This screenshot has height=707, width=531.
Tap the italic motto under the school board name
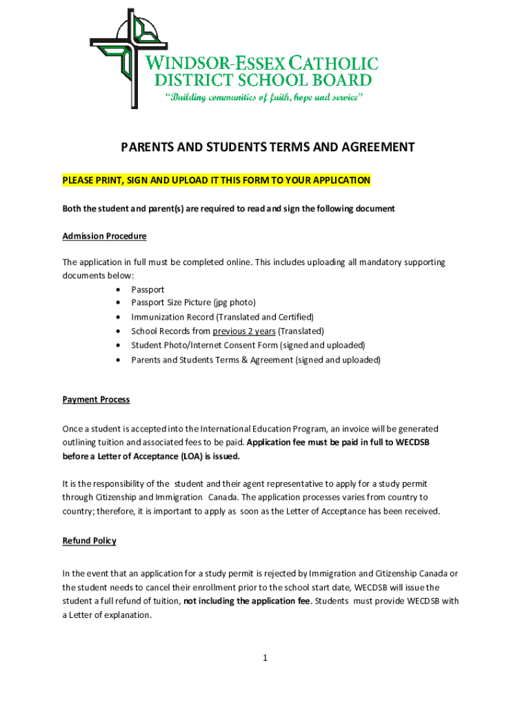click(262, 97)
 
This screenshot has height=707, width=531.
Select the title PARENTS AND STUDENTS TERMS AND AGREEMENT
click(268, 147)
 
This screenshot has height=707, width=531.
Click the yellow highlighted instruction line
click(217, 180)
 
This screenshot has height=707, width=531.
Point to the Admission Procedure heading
click(104, 236)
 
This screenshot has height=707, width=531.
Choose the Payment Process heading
click(96, 400)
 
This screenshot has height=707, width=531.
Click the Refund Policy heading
click(89, 541)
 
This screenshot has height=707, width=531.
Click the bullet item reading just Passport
click(148, 289)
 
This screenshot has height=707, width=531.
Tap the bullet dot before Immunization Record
click(121, 317)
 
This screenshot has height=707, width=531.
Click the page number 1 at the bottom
click(265, 658)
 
